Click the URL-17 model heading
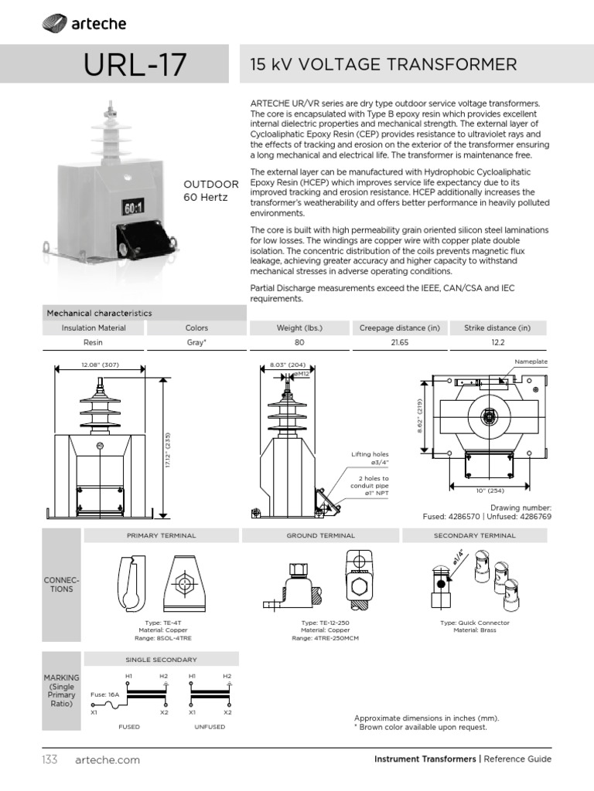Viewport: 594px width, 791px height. click(135, 65)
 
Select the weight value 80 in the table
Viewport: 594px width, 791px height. click(299, 341)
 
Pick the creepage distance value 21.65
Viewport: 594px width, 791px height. click(398, 341)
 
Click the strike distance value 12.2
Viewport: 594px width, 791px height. click(497, 341)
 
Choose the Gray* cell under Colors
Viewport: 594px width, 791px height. click(197, 341)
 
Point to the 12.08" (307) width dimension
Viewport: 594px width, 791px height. click(99, 364)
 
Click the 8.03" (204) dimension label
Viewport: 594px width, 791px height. click(287, 364)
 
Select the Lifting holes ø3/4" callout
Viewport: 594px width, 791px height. click(370, 458)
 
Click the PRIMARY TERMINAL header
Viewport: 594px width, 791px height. click(161, 535)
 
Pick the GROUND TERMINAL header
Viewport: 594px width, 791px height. click(320, 535)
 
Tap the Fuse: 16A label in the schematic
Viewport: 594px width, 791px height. click(104, 694)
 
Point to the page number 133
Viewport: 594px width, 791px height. click(50, 759)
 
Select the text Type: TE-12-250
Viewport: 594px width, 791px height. click(320, 622)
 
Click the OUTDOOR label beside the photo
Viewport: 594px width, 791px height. click(210, 184)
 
